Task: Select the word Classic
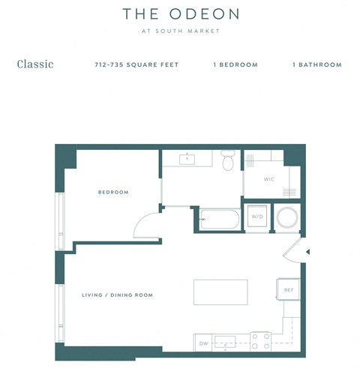[x=35, y=64]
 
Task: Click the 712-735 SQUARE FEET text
[x=137, y=65]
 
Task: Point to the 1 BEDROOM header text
[x=235, y=65]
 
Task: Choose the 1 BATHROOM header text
[x=316, y=65]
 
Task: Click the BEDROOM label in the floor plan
[x=113, y=193]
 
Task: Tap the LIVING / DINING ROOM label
[x=117, y=295]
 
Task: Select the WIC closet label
[x=268, y=180]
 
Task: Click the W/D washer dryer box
[x=257, y=217]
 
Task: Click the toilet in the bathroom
[x=229, y=160]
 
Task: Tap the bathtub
[x=219, y=219]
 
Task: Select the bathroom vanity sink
[x=187, y=159]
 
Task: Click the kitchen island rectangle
[x=220, y=292]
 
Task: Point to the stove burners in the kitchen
[x=259, y=342]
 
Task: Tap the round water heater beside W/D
[x=287, y=218]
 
